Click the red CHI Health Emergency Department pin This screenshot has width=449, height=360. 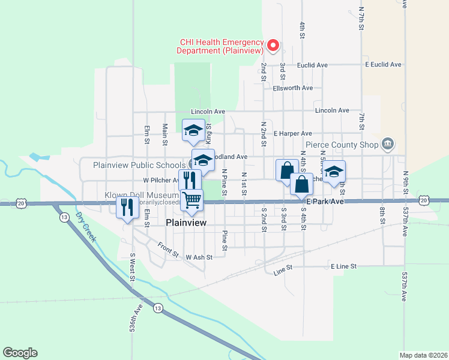tap(273, 44)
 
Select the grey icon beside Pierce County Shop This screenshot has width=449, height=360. tap(388, 143)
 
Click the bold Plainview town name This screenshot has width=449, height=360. tap(186, 223)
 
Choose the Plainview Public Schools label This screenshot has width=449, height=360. tap(139, 165)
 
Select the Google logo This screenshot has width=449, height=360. tap(20, 353)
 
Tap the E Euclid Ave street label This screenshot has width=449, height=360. tap(382, 64)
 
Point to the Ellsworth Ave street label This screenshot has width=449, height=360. tap(292, 88)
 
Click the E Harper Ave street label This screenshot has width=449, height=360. tap(293, 133)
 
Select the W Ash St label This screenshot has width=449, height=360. tap(199, 257)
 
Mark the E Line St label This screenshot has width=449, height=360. tap(343, 266)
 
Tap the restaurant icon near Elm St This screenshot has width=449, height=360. tap(127, 207)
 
